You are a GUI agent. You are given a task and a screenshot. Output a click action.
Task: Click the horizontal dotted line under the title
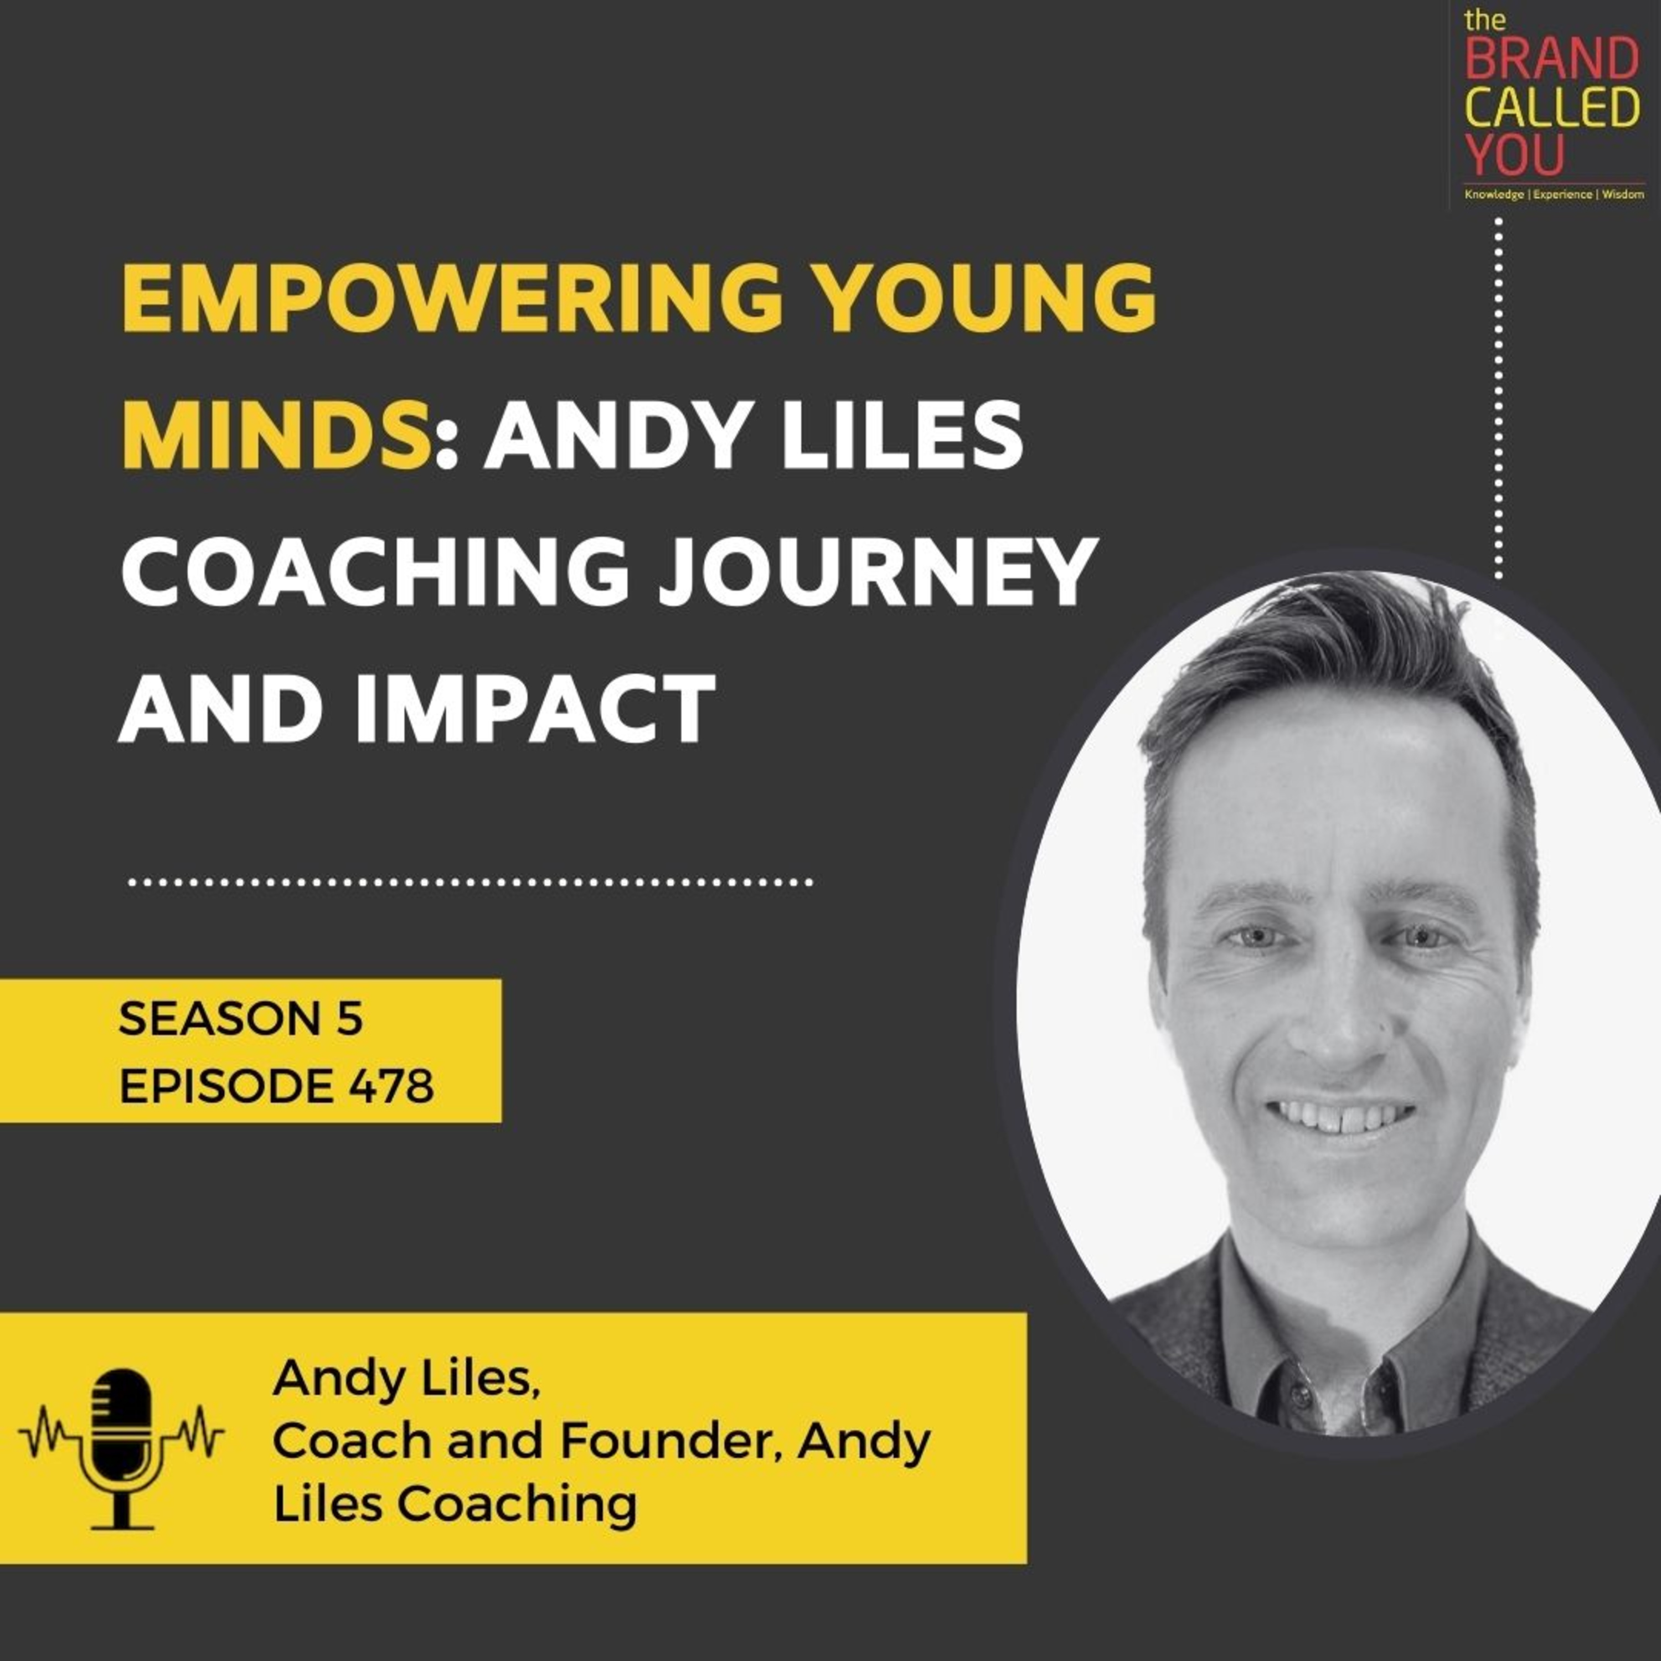[x=470, y=882]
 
